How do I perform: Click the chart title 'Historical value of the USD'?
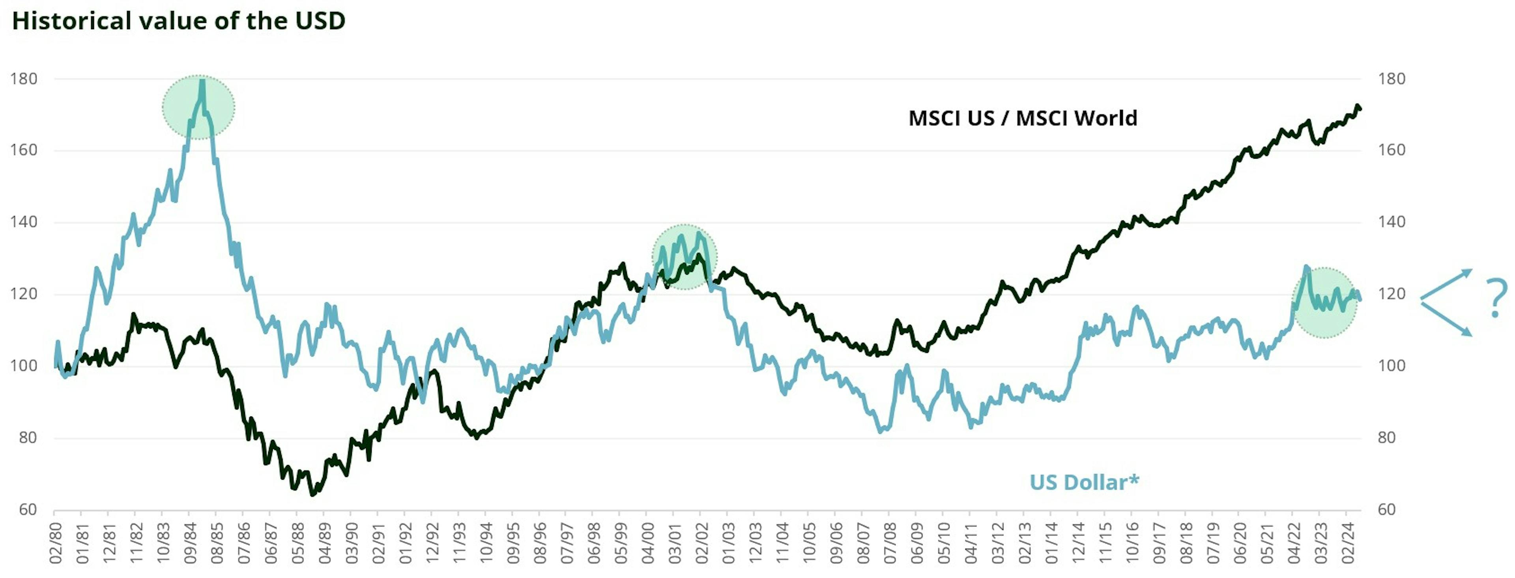(x=178, y=21)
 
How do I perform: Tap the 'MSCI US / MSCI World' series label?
(x=1022, y=118)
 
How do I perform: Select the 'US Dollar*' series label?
(x=1084, y=482)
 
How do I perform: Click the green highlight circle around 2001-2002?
(x=685, y=257)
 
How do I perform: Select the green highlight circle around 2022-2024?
(x=1324, y=302)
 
